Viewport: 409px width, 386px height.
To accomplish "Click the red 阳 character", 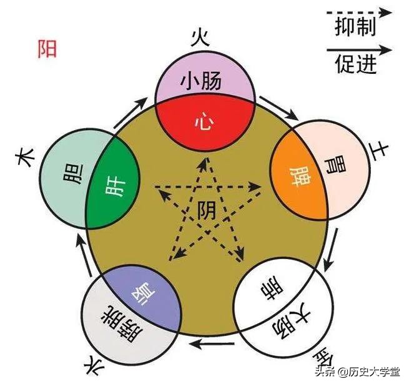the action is click(47, 49).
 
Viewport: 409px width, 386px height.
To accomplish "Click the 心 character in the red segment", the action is click(202, 120).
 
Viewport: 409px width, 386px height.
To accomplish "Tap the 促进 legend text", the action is click(355, 63).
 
